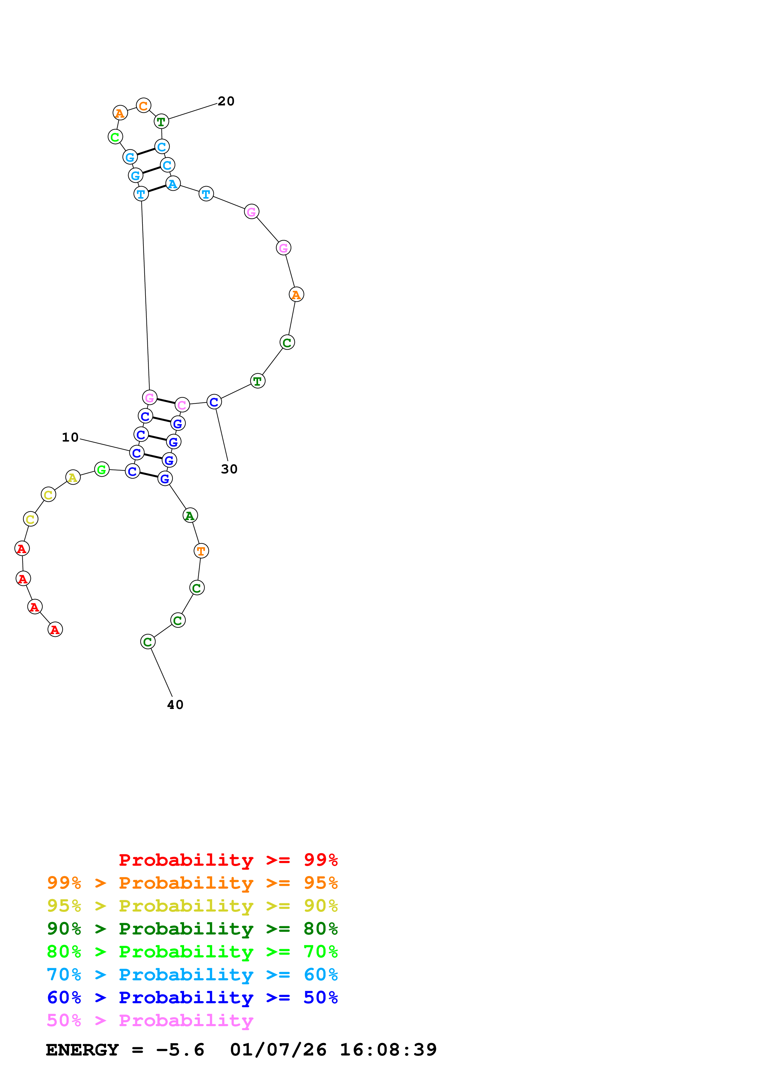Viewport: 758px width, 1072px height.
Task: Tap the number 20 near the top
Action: (226, 101)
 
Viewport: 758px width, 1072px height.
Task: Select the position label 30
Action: (229, 469)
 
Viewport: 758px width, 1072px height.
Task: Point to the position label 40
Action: (175, 705)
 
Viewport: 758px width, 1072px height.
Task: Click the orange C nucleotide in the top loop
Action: (143, 106)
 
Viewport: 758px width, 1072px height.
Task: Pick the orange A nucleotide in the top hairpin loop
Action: (120, 113)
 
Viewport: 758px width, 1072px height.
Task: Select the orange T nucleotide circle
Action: (201, 551)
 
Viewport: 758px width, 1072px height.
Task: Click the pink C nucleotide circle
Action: (182, 405)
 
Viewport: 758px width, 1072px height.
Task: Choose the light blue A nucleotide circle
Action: (173, 184)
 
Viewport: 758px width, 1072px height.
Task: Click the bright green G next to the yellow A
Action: (102, 469)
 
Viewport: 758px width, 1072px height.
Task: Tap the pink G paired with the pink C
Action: (150, 397)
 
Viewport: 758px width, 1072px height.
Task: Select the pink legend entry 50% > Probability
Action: (150, 1020)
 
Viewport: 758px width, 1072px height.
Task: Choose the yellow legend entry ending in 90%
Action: (192, 905)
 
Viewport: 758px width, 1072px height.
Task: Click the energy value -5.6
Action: (180, 1050)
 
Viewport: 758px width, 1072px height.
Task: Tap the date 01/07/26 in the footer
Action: (278, 1050)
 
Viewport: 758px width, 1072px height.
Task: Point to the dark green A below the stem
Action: (190, 516)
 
